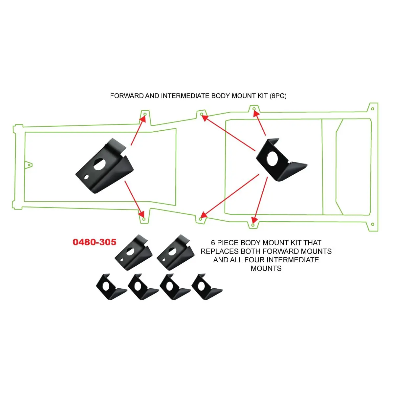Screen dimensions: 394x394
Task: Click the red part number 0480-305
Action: tap(95, 242)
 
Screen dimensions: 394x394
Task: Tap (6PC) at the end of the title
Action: tap(278, 96)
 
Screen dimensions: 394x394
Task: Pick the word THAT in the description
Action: tap(312, 243)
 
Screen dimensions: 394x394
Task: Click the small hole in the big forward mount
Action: tap(86, 177)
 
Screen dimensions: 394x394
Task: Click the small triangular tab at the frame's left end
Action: tap(29, 165)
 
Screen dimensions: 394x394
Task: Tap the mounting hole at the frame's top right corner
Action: tap(372, 109)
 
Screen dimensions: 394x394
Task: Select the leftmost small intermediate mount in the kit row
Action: tap(111, 287)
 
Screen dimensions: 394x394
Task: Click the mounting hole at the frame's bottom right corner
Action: tap(372, 225)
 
